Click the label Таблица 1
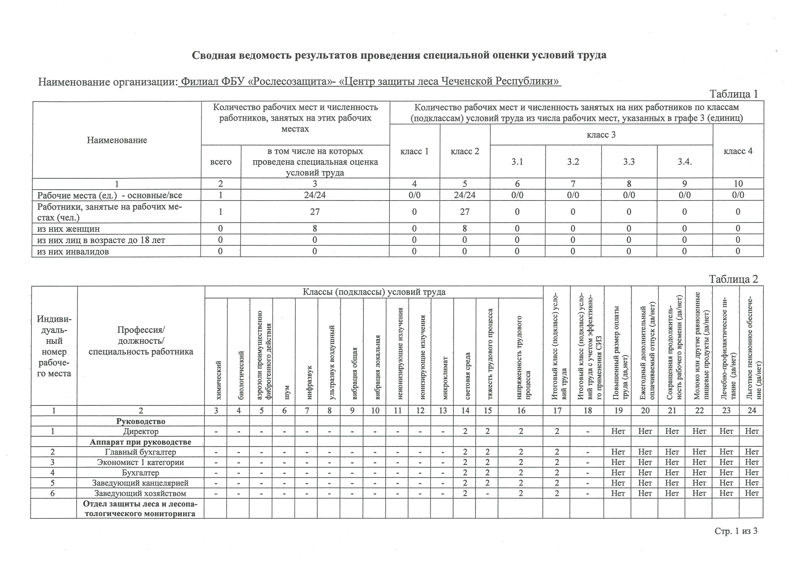point(734,94)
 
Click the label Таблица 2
point(734,279)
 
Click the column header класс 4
point(738,151)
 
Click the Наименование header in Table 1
point(117,140)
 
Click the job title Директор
point(141,431)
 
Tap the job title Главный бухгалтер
point(141,452)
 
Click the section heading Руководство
point(141,421)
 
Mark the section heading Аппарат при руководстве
point(141,442)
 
